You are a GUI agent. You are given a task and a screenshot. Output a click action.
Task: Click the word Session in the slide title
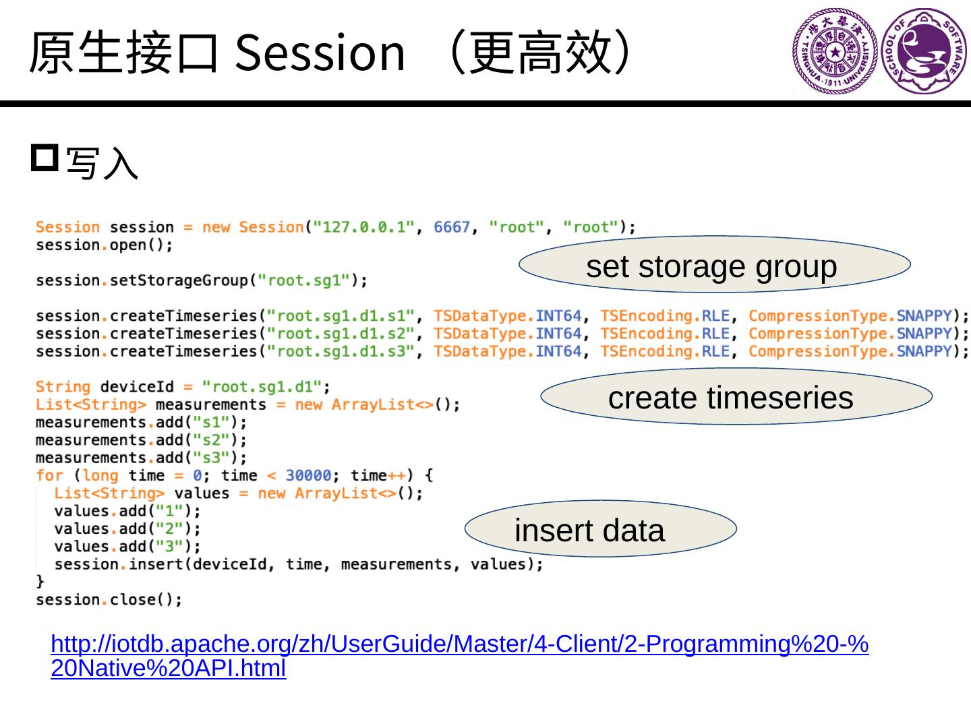point(320,53)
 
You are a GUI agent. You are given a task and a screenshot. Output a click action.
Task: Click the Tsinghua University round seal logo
point(835,51)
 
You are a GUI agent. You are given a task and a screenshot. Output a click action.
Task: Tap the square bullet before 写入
point(45,158)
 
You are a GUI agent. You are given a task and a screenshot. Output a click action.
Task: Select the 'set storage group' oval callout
point(713,265)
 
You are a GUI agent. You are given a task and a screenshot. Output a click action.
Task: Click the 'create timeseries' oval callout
point(736,396)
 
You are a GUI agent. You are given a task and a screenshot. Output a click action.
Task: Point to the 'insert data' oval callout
point(600,529)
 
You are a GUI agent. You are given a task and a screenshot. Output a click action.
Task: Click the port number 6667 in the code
point(451,227)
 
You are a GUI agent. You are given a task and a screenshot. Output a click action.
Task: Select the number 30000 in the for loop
point(308,476)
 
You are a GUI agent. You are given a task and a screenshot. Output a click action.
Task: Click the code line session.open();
point(105,245)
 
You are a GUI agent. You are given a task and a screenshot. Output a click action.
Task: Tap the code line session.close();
point(109,600)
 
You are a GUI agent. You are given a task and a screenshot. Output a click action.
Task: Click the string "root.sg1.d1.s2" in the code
point(340,334)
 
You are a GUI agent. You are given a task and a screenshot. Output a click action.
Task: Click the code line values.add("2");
point(127,529)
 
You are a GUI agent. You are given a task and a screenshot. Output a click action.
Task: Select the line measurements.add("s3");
point(141,458)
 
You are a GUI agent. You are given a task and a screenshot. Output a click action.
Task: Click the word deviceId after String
point(137,387)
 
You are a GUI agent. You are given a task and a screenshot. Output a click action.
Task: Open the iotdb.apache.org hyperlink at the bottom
point(459,645)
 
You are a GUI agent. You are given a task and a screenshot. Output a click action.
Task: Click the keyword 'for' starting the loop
point(49,476)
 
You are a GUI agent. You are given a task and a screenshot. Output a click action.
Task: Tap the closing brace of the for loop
point(40,581)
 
